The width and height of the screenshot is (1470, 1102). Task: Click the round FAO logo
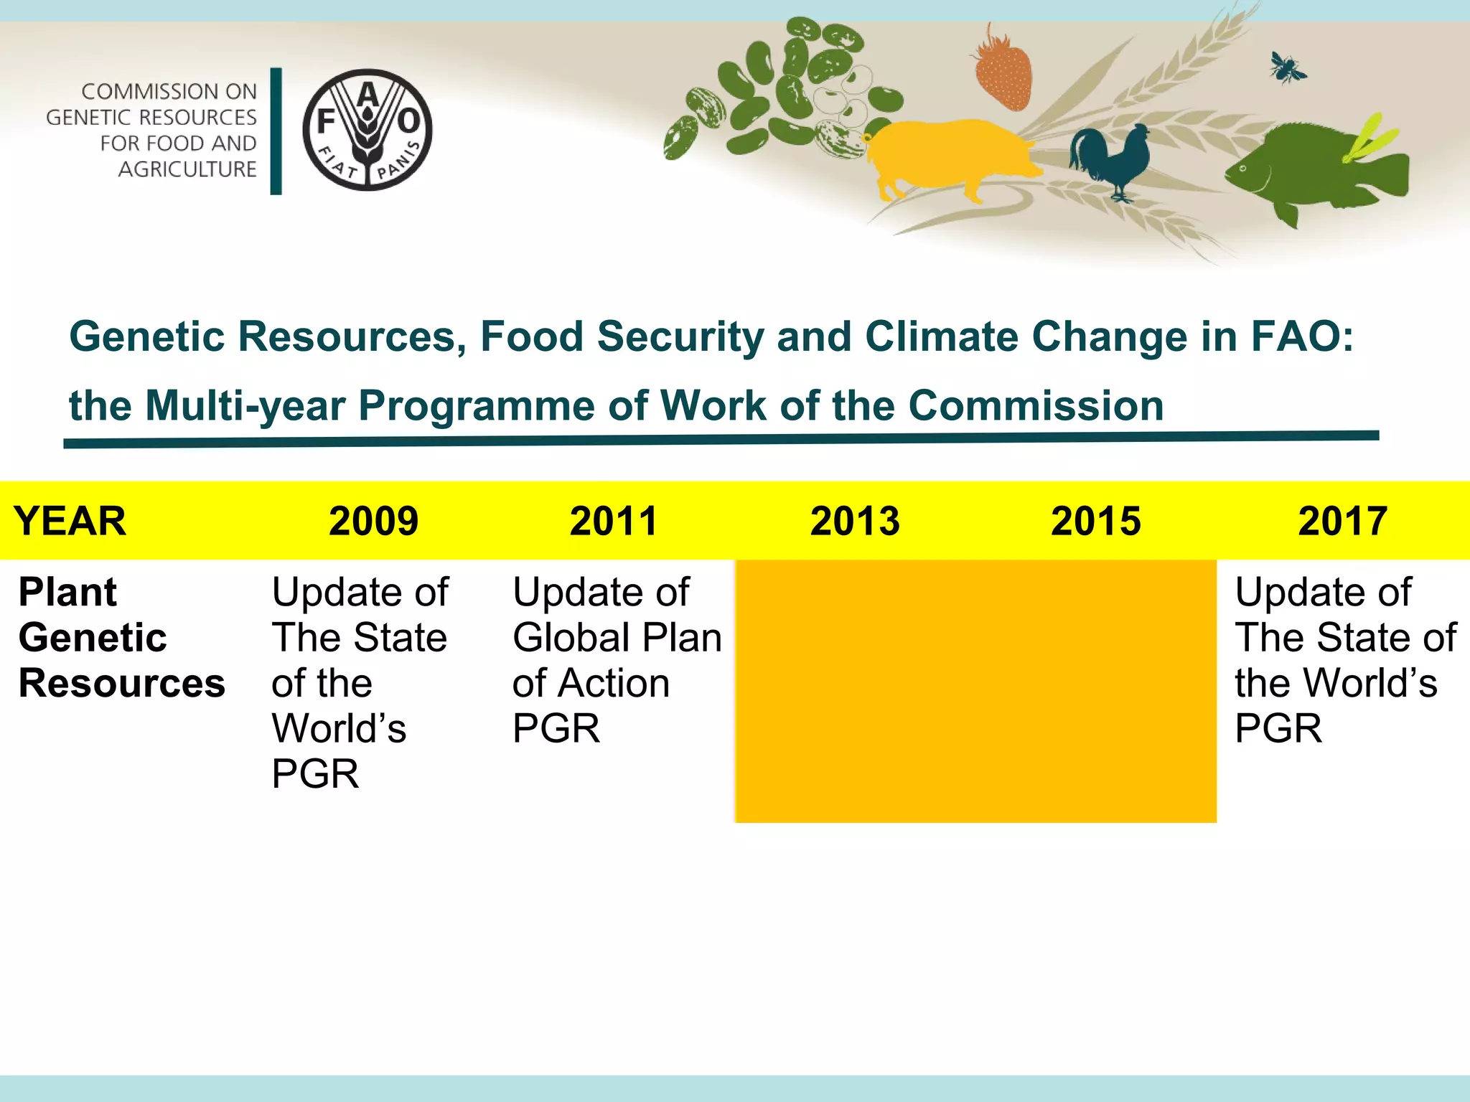(x=367, y=130)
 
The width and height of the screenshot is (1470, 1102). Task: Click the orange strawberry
(x=1003, y=70)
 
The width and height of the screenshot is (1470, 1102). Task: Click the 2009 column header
(x=373, y=521)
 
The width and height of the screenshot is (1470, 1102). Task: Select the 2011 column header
(x=614, y=521)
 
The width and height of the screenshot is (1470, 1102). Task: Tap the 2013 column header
(x=854, y=521)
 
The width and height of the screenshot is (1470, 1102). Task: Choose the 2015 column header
(x=1095, y=521)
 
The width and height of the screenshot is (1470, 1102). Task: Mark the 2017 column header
(x=1342, y=521)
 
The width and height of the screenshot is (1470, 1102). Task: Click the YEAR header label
(x=70, y=521)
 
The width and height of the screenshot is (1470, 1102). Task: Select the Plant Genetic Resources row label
(x=121, y=637)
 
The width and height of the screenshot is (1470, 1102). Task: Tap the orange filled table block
(x=975, y=690)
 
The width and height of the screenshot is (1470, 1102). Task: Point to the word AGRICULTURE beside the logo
(x=187, y=169)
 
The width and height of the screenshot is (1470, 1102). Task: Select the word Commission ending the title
(x=1036, y=405)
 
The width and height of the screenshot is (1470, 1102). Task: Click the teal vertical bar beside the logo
(x=276, y=131)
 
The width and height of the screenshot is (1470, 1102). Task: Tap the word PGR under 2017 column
(x=1278, y=728)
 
